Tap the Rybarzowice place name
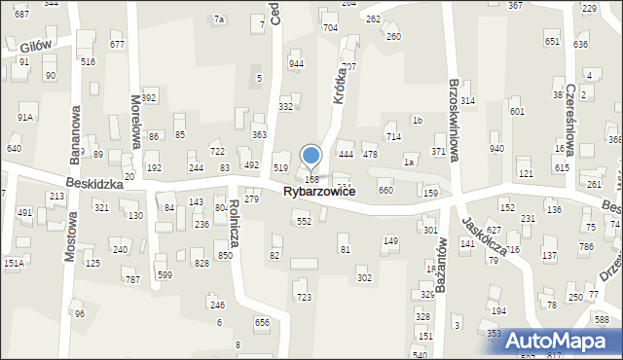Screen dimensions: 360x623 click(x=318, y=194)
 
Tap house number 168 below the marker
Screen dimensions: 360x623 click(x=312, y=179)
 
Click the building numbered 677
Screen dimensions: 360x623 click(x=117, y=45)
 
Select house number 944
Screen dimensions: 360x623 click(x=297, y=64)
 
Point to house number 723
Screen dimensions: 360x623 click(x=304, y=297)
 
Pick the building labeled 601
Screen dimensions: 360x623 click(x=517, y=112)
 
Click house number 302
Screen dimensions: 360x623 click(x=364, y=278)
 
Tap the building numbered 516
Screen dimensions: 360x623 click(x=88, y=61)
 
